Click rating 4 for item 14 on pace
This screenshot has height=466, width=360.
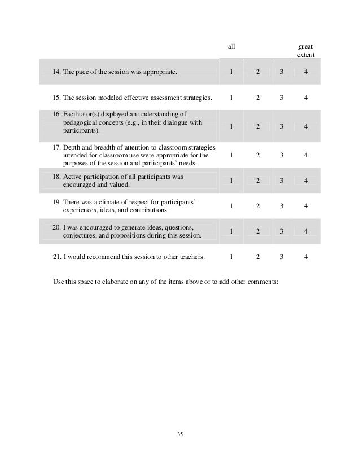tap(305, 72)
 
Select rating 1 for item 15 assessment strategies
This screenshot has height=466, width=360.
tap(231, 98)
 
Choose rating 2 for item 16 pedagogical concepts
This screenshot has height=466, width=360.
tap(257, 126)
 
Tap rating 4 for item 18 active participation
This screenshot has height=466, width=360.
tap(305, 181)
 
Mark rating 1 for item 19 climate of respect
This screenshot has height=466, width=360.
tap(231, 206)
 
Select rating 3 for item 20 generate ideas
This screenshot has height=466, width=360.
tap(281, 231)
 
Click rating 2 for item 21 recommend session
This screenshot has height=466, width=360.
tap(257, 257)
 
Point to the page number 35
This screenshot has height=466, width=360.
tap(180, 434)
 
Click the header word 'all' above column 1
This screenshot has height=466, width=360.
tap(231, 46)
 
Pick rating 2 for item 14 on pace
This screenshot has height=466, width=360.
tap(257, 72)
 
